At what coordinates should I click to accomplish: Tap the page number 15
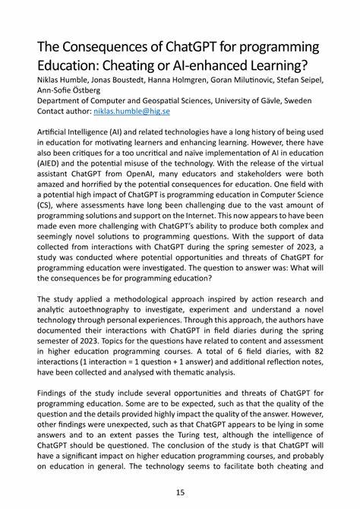pyautogui.click(x=180, y=492)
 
